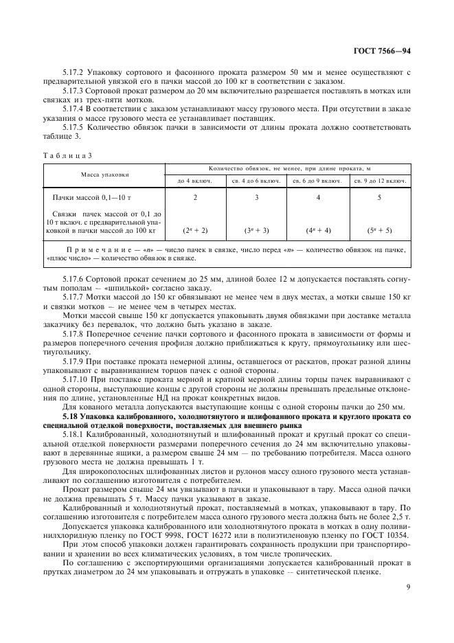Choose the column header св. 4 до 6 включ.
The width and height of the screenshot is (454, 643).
point(257,181)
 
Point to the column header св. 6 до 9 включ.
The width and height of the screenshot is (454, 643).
point(319,181)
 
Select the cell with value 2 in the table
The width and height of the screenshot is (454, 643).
point(195,197)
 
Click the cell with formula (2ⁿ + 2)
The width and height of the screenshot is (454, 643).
point(195,230)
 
